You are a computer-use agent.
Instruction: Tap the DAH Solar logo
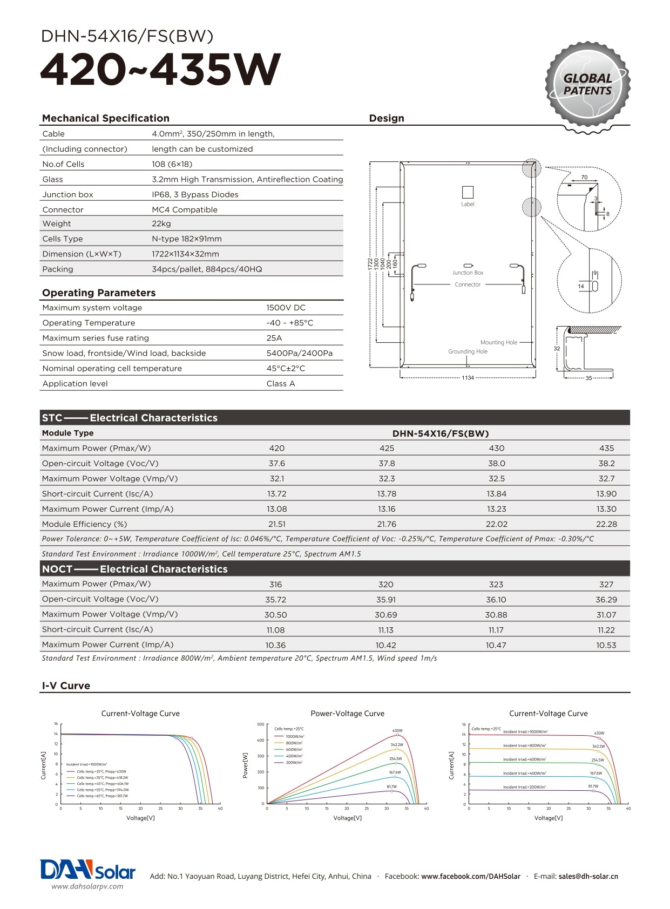[87, 870]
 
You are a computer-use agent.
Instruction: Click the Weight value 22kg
[161, 223]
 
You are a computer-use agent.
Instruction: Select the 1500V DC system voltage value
[286, 308]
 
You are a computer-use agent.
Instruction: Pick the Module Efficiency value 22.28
[606, 524]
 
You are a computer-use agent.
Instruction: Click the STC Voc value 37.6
[277, 464]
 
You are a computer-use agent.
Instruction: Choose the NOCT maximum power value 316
[275, 585]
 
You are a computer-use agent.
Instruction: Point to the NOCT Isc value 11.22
[606, 630]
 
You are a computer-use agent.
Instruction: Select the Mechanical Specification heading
[106, 118]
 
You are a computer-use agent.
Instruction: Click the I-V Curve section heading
[66, 686]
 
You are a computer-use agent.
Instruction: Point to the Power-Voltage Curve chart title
[348, 714]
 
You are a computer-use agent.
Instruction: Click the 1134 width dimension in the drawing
[468, 378]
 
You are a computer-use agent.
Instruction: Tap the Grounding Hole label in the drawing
[468, 351]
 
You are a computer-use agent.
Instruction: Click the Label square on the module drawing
[468, 192]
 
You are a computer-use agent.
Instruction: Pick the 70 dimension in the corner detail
[584, 178]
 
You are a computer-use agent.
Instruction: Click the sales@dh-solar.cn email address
[588, 876]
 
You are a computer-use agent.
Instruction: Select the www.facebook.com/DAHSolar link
[471, 876]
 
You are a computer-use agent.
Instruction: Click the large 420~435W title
[160, 70]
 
